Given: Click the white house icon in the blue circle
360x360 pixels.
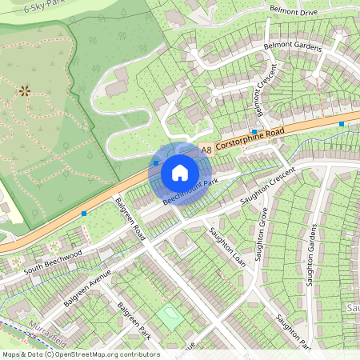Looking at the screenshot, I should tap(180, 172).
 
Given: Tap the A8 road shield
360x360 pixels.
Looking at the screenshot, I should tap(206, 149).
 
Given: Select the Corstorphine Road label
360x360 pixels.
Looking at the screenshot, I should tap(250, 138).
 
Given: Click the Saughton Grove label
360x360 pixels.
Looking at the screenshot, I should tap(261, 234).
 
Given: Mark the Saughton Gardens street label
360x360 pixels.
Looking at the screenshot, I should tap(312, 254).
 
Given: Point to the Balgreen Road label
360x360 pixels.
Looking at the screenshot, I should tap(130, 219).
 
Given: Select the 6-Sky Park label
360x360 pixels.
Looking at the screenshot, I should tap(45, 8).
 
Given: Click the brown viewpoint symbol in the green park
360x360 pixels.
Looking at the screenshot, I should tap(24, 90).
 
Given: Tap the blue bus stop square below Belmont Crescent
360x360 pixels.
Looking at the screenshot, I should tap(254, 131).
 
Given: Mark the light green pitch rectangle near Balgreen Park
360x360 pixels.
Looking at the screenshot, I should tap(169, 316).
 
